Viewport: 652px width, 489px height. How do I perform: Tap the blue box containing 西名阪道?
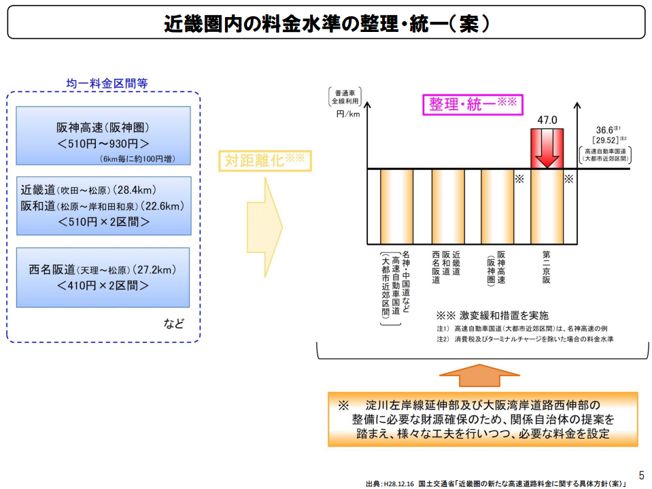point(103,277)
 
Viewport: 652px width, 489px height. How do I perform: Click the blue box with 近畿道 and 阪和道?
point(103,205)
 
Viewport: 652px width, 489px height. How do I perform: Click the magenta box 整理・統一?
point(473,104)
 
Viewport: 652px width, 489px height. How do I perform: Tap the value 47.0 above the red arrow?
point(547,120)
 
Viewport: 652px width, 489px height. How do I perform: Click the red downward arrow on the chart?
point(547,148)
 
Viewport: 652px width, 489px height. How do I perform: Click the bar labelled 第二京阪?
point(547,206)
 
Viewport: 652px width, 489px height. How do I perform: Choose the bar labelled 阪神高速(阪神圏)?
point(497,206)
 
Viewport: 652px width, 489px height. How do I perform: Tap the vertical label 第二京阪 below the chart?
point(546,267)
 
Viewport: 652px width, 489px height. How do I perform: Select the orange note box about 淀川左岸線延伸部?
point(483,419)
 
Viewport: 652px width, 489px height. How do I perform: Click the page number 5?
point(641,475)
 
